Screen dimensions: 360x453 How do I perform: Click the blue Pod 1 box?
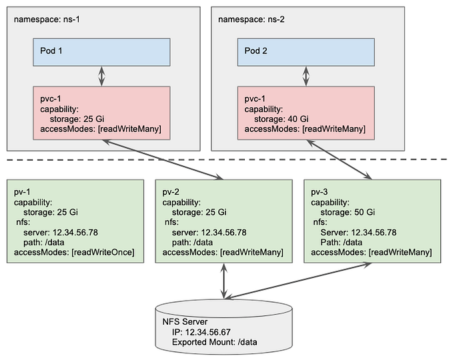[x=101, y=51]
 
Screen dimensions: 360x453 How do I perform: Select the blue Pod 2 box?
[x=306, y=51]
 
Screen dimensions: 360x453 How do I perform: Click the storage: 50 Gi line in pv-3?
[x=349, y=212]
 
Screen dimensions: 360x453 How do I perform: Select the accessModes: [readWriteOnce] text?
[x=74, y=252]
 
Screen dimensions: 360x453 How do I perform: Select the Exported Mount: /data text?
[x=214, y=341]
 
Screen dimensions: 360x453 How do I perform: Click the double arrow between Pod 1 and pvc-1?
[x=102, y=76]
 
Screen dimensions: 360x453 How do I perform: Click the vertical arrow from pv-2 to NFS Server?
[x=223, y=280]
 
